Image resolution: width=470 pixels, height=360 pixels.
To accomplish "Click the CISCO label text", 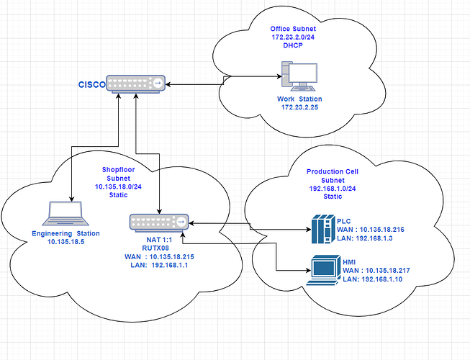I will click(x=91, y=85).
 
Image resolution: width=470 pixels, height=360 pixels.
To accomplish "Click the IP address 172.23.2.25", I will click(x=299, y=107).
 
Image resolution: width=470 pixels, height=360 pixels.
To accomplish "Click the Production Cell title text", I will click(x=333, y=171).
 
